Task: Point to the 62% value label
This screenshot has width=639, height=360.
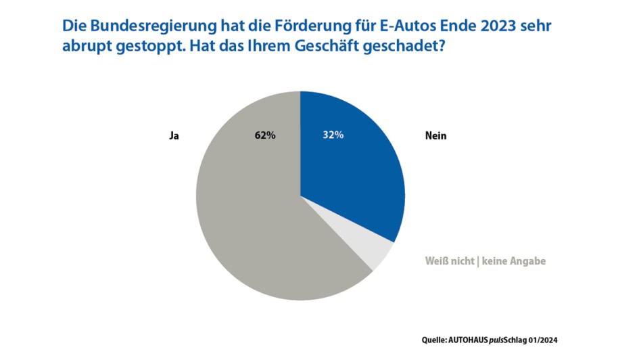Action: point(265,135)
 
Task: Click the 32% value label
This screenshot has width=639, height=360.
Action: point(333,135)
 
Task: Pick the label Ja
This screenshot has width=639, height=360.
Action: point(174,136)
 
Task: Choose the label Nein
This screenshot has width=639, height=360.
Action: point(436,136)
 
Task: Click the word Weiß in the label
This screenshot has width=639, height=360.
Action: point(437,261)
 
